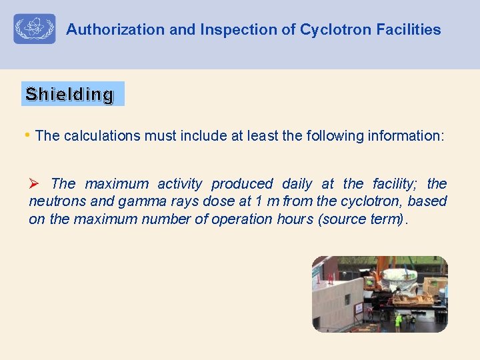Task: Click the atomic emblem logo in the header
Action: click(x=35, y=29)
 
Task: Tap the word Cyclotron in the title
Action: click(x=335, y=29)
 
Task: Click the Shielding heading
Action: click(x=69, y=94)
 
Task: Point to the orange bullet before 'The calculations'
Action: click(x=27, y=135)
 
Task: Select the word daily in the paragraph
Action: click(x=297, y=183)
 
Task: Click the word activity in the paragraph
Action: click(x=179, y=183)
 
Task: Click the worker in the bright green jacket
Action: click(x=399, y=321)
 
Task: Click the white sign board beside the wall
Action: click(x=359, y=308)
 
